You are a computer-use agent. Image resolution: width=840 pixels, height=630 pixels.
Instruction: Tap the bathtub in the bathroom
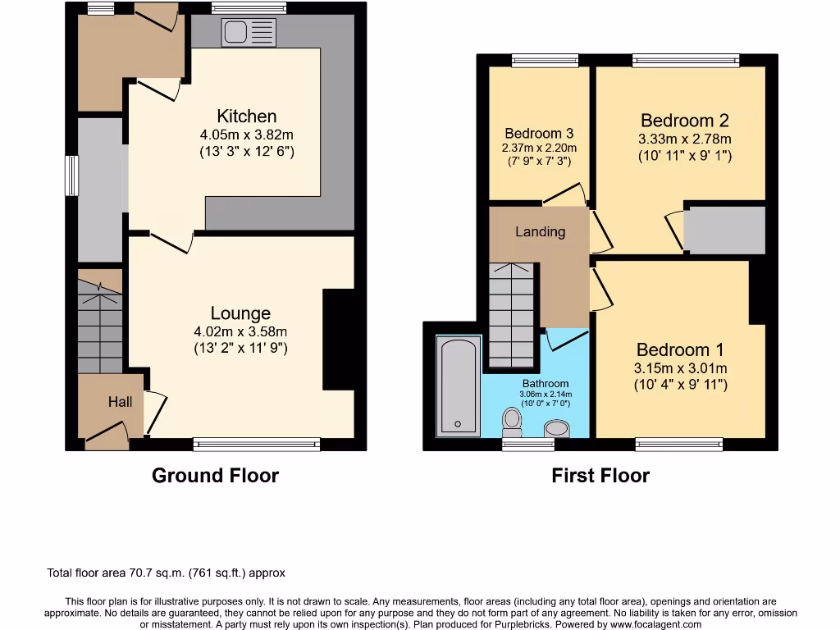pyautogui.click(x=457, y=385)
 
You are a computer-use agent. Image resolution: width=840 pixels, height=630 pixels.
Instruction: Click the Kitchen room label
pyautogui.click(x=246, y=116)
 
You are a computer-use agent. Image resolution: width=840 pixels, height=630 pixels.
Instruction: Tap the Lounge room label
pyautogui.click(x=240, y=313)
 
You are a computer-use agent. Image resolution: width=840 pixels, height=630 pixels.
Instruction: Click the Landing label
pyautogui.click(x=540, y=231)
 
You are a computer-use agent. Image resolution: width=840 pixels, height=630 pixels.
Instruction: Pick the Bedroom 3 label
pyautogui.click(x=539, y=133)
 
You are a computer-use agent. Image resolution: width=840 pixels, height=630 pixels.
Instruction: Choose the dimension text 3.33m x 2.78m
pyautogui.click(x=685, y=139)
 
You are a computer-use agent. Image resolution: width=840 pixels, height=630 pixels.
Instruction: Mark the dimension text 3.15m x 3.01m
pyautogui.click(x=681, y=367)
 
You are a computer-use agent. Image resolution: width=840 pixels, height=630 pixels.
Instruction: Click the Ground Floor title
pyautogui.click(x=215, y=475)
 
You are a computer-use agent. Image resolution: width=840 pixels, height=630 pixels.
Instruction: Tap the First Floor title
pyautogui.click(x=600, y=475)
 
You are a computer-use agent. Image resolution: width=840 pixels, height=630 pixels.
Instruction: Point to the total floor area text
pyautogui.click(x=165, y=573)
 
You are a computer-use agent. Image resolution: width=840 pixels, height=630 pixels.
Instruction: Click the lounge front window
pyautogui.click(x=257, y=445)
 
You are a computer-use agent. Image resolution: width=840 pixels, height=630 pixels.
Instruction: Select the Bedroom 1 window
pyautogui.click(x=679, y=445)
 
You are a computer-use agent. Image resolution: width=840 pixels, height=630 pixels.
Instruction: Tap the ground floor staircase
pyautogui.click(x=100, y=324)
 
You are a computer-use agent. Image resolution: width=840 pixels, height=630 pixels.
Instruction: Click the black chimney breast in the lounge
pyautogui.click(x=339, y=339)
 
